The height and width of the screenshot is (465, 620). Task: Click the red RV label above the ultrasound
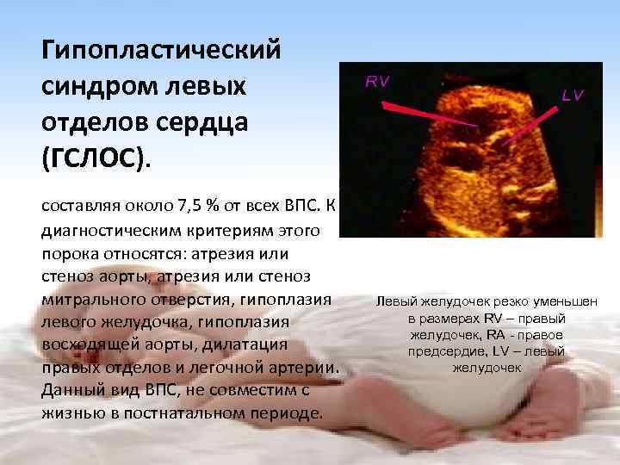377,82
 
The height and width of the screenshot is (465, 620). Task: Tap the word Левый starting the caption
395,302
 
